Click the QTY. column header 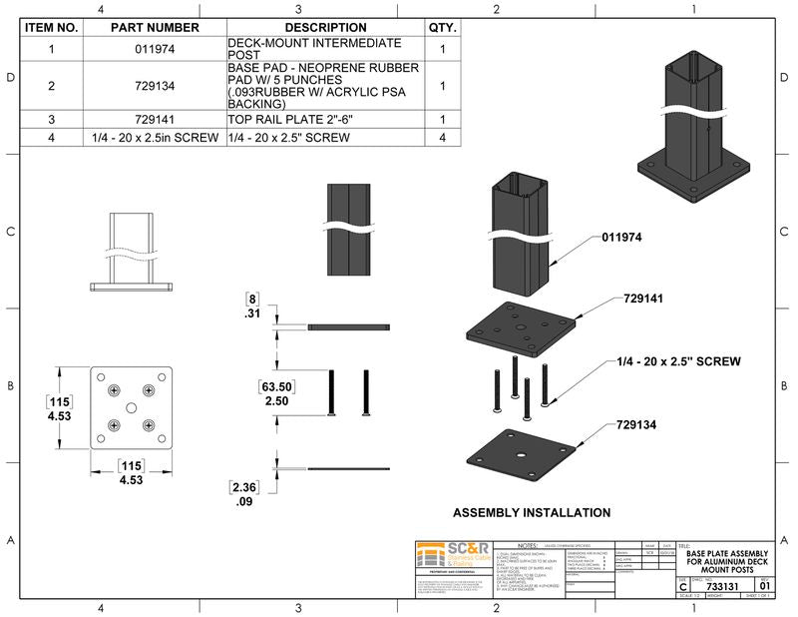(442, 28)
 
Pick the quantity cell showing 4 (442, 137)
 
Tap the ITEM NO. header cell (52, 28)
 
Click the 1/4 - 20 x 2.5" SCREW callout (677, 360)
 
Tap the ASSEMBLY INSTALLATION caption (532, 512)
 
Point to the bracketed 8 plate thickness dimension (253, 298)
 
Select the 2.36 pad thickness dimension (244, 487)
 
